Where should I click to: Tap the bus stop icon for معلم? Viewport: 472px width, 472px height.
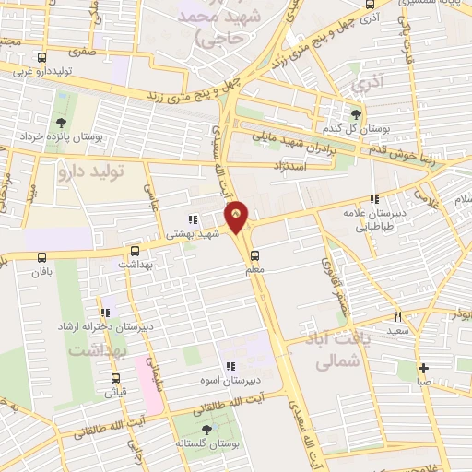(x=254, y=255)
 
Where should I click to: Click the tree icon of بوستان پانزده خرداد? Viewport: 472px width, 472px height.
(x=61, y=123)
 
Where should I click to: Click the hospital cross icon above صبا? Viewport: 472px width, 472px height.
(x=423, y=366)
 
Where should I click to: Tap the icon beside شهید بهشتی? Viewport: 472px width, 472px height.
(x=193, y=219)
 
